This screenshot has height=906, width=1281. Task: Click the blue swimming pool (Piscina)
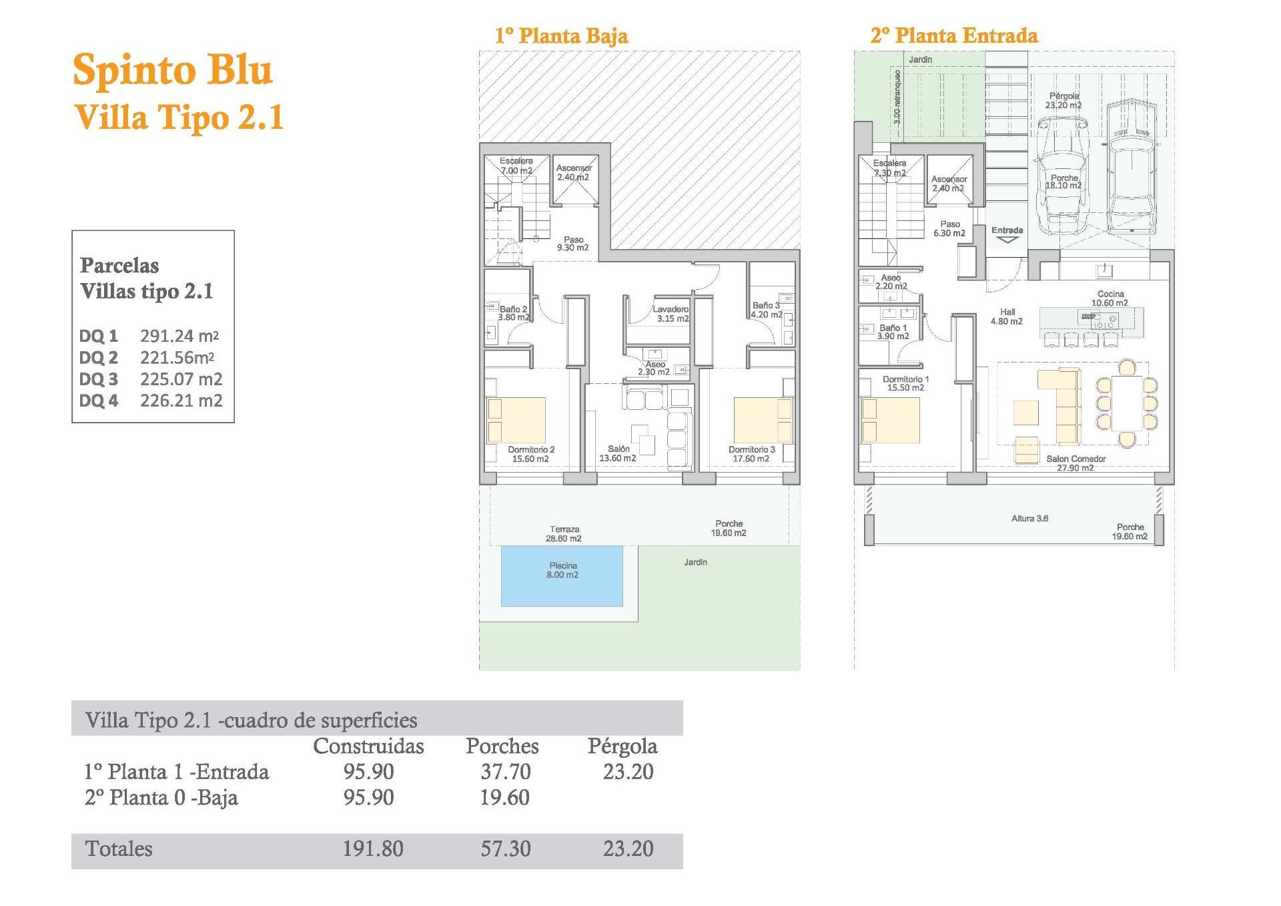562,576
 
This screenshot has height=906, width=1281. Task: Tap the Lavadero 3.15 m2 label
671,314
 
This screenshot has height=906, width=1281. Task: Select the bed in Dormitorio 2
516,420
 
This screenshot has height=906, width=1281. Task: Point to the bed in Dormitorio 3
763,420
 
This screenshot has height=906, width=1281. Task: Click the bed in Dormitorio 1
890,420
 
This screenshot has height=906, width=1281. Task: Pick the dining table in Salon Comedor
1128,403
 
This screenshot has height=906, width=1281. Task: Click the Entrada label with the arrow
1007,234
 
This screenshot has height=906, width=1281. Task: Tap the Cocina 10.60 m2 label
1110,298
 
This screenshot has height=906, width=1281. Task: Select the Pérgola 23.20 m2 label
1063,101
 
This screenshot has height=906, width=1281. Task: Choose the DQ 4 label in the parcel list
99,401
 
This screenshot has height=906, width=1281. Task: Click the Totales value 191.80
373,849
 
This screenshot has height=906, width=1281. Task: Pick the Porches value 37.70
506,772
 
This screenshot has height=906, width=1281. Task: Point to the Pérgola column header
622,746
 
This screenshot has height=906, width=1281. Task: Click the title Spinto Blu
173,69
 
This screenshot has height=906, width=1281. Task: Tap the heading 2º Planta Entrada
954,35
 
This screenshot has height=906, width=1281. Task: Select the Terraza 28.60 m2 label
564,533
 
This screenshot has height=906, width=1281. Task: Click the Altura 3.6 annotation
1029,518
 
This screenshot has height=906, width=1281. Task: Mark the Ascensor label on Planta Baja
574,172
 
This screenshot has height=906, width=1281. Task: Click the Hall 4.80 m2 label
1007,316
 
